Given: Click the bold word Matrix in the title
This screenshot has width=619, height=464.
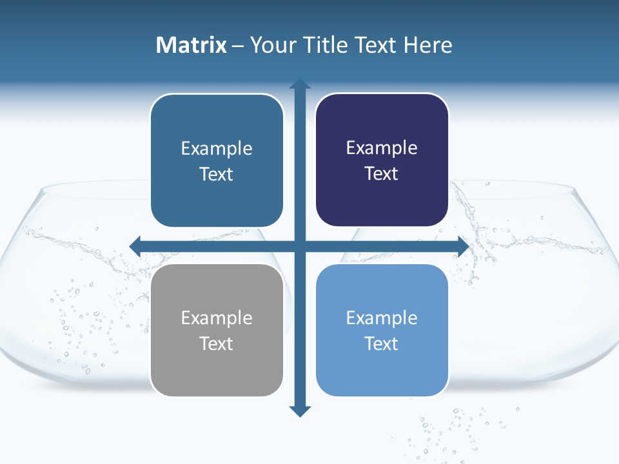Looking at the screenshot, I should [192, 45].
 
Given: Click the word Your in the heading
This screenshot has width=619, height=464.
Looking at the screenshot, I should [273, 45].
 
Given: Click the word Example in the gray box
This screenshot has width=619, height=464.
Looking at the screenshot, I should [217, 318].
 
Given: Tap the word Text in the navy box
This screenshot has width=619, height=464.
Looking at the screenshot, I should [382, 174].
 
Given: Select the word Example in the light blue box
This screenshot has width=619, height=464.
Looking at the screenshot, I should [382, 318].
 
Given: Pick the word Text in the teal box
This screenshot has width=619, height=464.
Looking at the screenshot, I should [217, 175].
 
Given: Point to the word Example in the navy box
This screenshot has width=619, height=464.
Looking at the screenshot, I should [382, 148].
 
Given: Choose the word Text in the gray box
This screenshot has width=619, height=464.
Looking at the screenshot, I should [217, 343].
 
